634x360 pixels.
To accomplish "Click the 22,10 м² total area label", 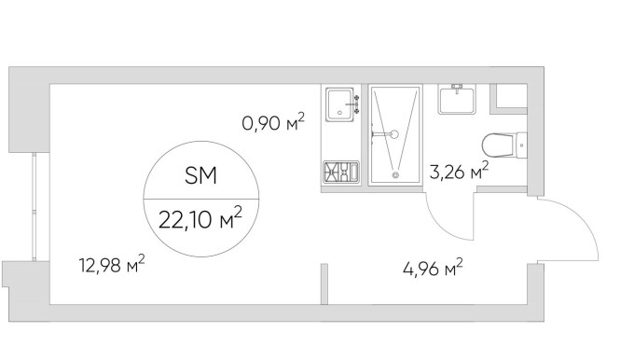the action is click(x=200, y=218).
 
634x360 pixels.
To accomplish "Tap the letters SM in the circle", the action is click(x=200, y=175).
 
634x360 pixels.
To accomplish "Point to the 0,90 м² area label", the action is click(x=273, y=122).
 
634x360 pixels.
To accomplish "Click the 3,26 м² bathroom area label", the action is click(x=459, y=171).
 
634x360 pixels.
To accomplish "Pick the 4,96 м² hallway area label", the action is click(x=433, y=268).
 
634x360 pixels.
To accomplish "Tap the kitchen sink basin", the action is click(x=340, y=104).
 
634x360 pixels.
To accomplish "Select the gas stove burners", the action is click(x=341, y=171).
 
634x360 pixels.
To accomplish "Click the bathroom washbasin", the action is click(x=457, y=99).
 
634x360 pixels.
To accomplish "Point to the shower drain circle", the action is click(x=395, y=175).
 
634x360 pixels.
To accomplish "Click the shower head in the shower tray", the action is click(x=393, y=134).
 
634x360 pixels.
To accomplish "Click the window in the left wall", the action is click(x=34, y=207).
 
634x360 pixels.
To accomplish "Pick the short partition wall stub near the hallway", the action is click(x=324, y=284).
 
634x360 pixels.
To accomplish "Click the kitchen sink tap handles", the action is click(x=356, y=104).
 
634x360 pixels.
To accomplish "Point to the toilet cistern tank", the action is click(x=521, y=145).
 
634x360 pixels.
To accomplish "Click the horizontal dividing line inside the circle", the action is click(x=201, y=200).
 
